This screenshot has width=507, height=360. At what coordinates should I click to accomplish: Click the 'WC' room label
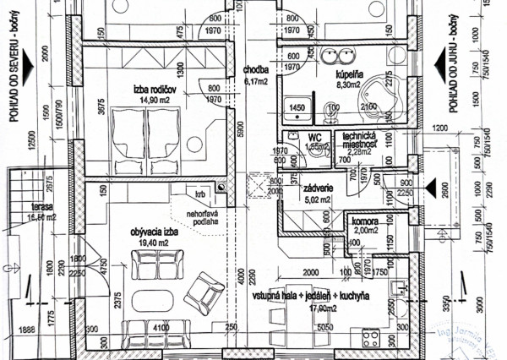(312, 136)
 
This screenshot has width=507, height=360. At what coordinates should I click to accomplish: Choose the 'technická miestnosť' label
(359, 140)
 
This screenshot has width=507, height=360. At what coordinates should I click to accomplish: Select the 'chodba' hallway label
(256, 71)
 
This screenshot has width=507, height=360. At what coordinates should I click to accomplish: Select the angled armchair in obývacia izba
(203, 290)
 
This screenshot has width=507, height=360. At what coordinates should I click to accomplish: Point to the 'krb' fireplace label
(199, 194)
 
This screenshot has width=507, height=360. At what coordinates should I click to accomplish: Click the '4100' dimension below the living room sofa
(161, 325)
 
